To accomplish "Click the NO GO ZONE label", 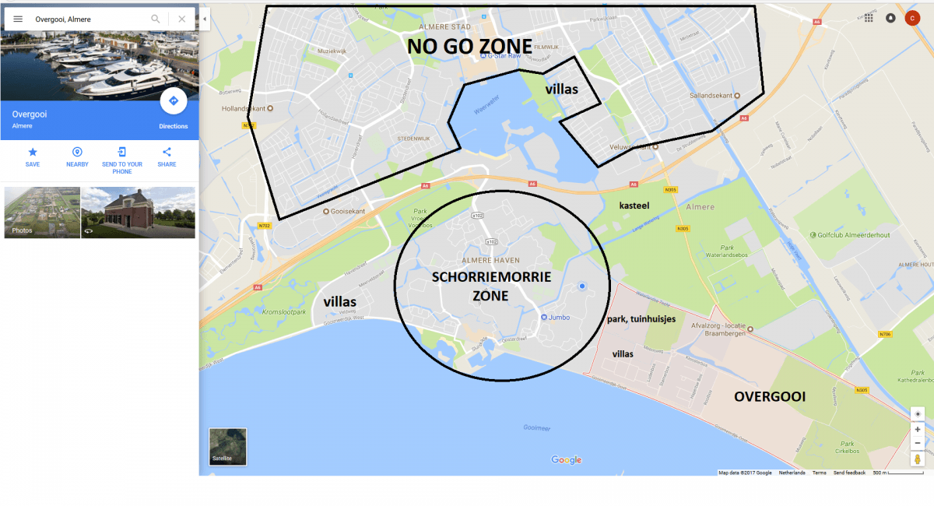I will [x=470, y=47].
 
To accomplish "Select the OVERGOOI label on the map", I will [x=770, y=396].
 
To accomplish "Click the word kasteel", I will [x=634, y=206].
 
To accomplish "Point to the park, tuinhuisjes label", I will [x=641, y=319].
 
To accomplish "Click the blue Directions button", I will [x=173, y=101].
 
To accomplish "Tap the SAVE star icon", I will [x=33, y=153].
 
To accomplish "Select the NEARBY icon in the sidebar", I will [x=77, y=153].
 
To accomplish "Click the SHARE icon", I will [x=167, y=153].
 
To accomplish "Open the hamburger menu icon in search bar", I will [x=18, y=19].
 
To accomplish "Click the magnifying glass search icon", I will [x=156, y=19].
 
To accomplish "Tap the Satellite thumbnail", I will [x=228, y=446].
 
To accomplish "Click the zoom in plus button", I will [x=918, y=429].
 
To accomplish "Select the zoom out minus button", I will [x=918, y=443].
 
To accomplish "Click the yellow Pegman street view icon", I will [x=918, y=459].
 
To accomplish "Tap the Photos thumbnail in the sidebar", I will [x=42, y=212].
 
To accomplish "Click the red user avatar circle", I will [x=912, y=18].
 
